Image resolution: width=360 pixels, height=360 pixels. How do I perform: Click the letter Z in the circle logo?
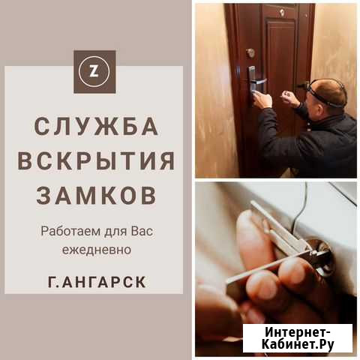point(94,72)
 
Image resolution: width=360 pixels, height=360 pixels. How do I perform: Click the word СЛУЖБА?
point(97,127)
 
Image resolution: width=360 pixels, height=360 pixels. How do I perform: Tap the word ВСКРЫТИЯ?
point(96,160)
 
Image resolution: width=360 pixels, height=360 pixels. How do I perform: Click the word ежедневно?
point(97,250)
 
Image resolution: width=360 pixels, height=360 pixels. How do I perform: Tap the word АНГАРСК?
point(103,282)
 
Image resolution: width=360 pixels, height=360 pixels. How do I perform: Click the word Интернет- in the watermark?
point(298,333)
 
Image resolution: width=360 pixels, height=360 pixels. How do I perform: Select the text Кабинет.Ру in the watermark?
point(298,344)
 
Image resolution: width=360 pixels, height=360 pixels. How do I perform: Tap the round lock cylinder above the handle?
point(250,52)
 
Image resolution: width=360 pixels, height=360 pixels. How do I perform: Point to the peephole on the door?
point(282,12)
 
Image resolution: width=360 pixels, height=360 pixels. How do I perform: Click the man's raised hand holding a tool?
point(290,98)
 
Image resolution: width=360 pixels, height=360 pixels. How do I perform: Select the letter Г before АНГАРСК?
point(52,282)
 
